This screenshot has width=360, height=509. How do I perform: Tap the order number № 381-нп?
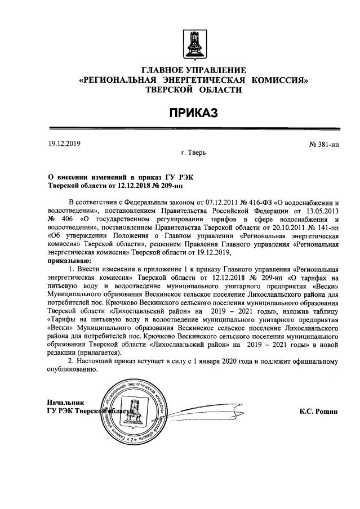tap(323, 145)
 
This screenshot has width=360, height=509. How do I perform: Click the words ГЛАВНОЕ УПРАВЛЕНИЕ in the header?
tap(194, 70)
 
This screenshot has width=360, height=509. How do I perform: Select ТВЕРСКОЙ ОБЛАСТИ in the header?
tap(194, 90)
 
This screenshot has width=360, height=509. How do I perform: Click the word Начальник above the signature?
tap(66, 403)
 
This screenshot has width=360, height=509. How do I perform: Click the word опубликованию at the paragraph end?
tap(73, 369)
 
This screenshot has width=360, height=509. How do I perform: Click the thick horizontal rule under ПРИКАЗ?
tap(193, 129)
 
